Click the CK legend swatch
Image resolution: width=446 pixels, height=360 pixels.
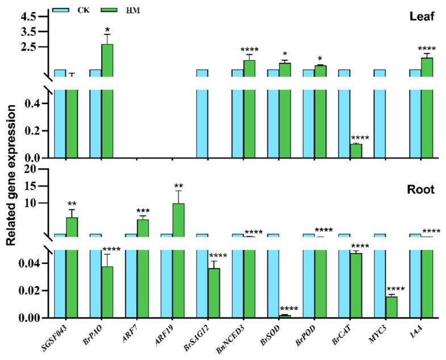tap(62, 10)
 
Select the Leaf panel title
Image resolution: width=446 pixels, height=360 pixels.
tap(422, 17)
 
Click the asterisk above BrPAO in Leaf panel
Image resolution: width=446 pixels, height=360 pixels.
tap(107, 28)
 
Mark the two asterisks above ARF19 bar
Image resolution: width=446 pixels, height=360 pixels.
tap(178, 185)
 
